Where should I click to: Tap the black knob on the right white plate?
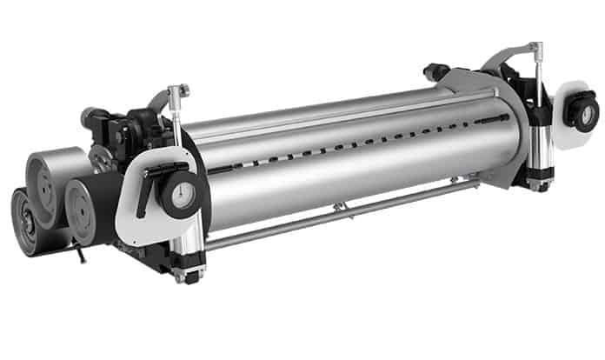[x=582, y=114]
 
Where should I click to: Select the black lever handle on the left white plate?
[x=147, y=187]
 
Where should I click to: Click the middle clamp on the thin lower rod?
[x=340, y=207]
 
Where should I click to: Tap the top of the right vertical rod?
[x=536, y=47]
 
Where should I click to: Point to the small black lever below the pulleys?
[x=80, y=254]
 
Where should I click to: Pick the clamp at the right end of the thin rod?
[x=455, y=180]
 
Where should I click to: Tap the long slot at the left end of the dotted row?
[x=223, y=167]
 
